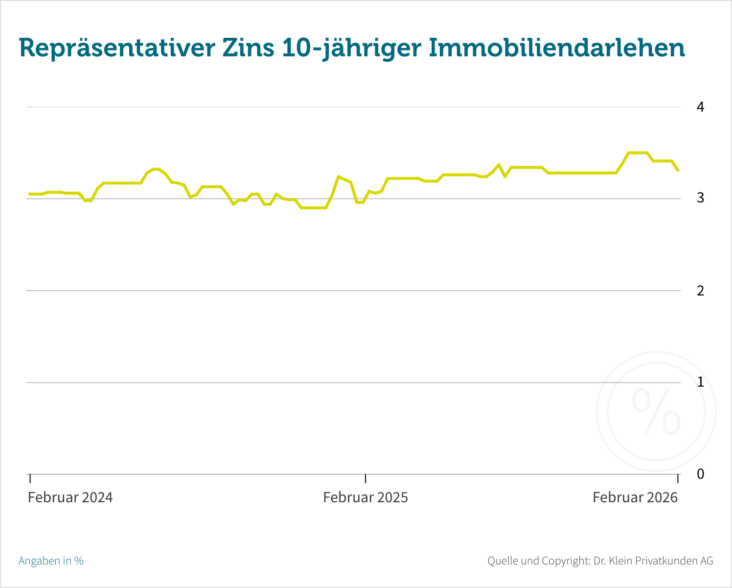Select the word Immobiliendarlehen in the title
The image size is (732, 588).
(557, 48)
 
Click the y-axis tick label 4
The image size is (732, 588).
(700, 107)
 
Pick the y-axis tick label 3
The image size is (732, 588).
(700, 198)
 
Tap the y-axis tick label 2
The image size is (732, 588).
(700, 291)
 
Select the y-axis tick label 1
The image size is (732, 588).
(700, 382)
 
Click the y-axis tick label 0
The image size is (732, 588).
(700, 474)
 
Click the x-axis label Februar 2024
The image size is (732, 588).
(70, 497)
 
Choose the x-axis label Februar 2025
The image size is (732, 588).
(365, 497)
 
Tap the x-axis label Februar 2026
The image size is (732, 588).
(635, 497)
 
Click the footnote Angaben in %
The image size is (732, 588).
(51, 561)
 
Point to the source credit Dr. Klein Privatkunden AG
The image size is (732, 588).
(653, 561)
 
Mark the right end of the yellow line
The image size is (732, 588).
(678, 170)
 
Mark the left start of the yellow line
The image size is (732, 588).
(29, 194)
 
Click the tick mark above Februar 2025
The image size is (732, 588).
(365, 478)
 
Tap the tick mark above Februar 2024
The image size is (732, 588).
(30, 478)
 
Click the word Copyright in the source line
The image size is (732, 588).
(565, 561)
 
